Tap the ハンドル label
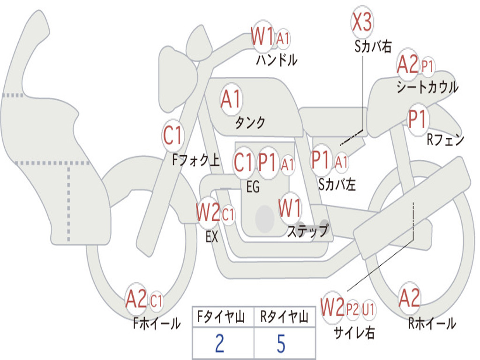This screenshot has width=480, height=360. pos(277,60)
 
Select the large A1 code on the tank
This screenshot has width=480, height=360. pos(231,99)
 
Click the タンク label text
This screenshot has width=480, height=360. pos(250,123)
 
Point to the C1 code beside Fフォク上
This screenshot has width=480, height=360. pos(173,136)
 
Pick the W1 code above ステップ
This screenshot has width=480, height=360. pos(290,208)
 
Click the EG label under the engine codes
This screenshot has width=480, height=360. pos(253,187)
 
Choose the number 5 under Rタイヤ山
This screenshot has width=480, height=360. pos(281,344)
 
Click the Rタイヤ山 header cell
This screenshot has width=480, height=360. pos(284,318)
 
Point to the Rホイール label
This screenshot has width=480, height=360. pos(432,323)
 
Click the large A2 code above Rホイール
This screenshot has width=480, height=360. pos(409,298)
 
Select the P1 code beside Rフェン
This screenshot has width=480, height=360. pos(417,119)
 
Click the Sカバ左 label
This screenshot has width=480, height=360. pos(337,185)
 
